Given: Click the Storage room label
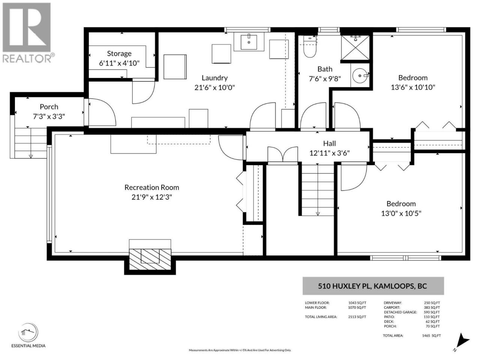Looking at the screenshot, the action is [119, 54].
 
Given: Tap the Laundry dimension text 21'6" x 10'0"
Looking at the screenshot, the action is [214, 88].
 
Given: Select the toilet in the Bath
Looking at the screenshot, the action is [310, 46].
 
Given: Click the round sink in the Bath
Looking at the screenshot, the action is [360, 76].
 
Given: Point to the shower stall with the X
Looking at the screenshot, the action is [355, 47].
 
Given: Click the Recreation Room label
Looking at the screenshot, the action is [152, 187].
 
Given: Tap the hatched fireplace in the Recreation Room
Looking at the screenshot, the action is [150, 259].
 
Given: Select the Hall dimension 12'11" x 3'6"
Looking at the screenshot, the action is [329, 153].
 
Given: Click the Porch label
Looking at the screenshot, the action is [49, 107].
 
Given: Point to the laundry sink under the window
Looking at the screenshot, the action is [249, 42].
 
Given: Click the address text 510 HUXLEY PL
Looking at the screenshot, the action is [345, 286].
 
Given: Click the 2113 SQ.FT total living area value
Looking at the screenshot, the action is [357, 317].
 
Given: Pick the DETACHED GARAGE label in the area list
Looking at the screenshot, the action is [400, 312].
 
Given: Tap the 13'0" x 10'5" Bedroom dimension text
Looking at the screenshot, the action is [401, 213].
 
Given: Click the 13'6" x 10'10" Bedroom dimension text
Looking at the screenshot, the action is [413, 87].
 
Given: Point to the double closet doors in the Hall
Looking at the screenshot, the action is [283, 154].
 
